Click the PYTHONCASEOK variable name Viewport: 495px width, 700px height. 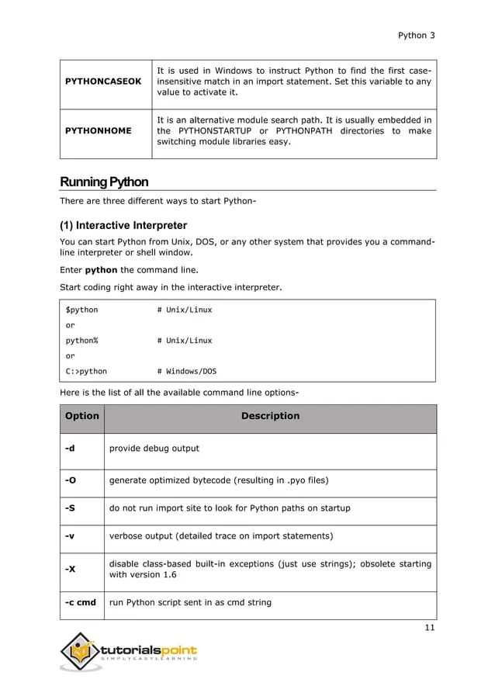tap(103, 81)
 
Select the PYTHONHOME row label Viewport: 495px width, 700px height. tap(98, 131)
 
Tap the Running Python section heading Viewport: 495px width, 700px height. tap(104, 182)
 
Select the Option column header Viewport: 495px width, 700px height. tap(82, 416)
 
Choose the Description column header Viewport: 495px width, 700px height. tap(270, 416)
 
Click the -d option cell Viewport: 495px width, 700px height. tap(70, 448)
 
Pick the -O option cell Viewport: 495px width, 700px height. tap(71, 480)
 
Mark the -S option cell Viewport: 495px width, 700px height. tap(71, 508)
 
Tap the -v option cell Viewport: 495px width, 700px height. tap(70, 536)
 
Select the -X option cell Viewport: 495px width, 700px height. tap(71, 569)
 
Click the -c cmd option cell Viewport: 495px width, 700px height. tap(81, 601)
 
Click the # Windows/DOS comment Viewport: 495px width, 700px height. tap(187, 371)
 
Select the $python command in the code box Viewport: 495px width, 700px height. tap(81, 310)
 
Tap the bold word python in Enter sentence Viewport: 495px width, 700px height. tap(101, 270)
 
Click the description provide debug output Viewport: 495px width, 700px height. tap(154, 448)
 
